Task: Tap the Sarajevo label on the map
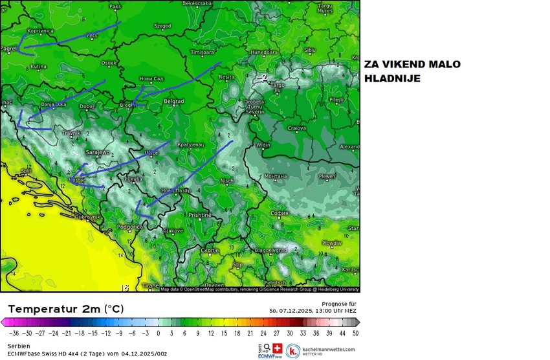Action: coord(97,153)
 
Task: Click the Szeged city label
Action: coord(162,27)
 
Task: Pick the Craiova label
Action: coord(296,128)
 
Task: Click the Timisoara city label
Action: coord(202,52)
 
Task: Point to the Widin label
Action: coord(263,146)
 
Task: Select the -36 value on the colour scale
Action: coord(10,333)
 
